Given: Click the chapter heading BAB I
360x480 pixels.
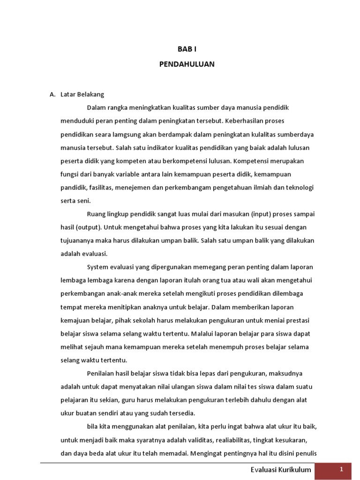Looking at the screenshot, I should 186,49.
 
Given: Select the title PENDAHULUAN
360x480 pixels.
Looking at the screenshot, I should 186,64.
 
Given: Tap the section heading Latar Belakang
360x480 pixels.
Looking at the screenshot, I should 82,94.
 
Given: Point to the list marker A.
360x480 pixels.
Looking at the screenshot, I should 52,94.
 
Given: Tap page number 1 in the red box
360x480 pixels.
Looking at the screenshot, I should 342,469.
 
